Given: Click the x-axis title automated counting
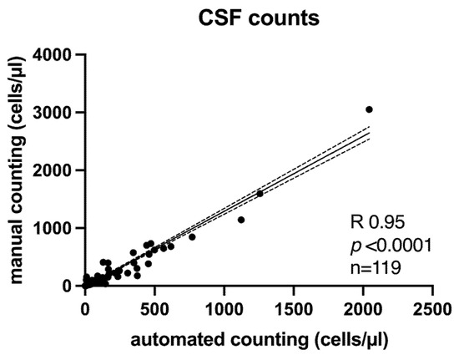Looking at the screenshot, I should point(258,341).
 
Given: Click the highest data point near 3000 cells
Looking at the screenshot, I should point(369,109).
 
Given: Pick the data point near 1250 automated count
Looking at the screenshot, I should point(260,194).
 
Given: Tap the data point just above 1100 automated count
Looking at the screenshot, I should point(241,220).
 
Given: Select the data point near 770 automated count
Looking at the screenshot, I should point(192,237).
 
